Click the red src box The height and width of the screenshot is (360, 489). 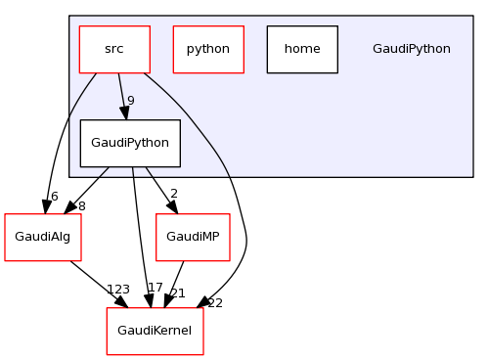point(114,49)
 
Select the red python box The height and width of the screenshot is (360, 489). point(207,49)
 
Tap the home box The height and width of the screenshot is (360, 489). point(301,49)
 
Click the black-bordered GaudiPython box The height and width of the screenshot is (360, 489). point(130,143)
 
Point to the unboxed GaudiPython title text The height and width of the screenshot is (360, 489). point(411,49)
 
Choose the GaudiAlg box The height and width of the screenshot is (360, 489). point(42,237)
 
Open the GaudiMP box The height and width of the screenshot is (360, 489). point(193,237)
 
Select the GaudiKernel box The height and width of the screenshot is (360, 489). point(155,331)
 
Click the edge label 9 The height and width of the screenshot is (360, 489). point(130,101)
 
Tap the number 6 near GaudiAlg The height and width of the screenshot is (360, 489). point(55,196)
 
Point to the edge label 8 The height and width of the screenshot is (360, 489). point(81,206)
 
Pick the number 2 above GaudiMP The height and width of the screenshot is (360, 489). point(173,195)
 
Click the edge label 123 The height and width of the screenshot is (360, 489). point(118,290)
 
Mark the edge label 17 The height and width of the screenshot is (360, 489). point(155,288)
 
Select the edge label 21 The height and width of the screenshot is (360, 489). point(177,293)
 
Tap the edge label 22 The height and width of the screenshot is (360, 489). point(215,303)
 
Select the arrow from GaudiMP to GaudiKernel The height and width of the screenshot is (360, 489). point(176,279)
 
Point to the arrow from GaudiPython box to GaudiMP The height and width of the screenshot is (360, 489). point(159,187)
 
